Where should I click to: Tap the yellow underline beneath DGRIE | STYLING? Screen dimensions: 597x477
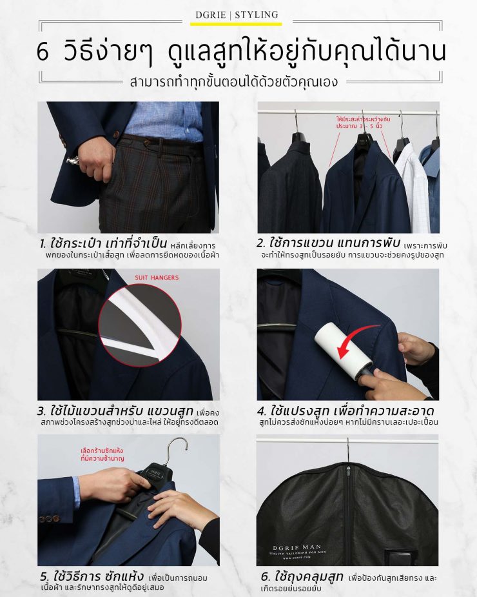point(238,24)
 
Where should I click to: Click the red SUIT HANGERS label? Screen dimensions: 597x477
point(157,278)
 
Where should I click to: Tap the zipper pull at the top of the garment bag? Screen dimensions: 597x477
point(349,467)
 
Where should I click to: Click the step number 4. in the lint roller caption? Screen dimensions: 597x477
point(262,411)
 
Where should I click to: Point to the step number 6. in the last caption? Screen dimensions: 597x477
point(265,576)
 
